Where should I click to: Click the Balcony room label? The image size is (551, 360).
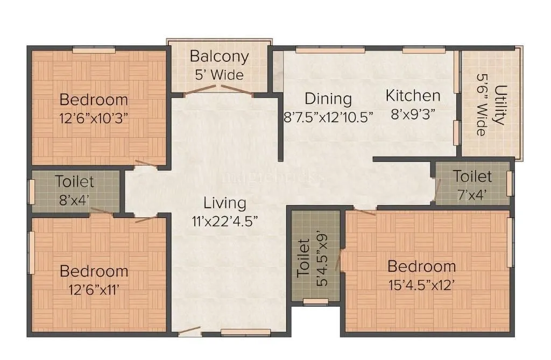(x=219, y=57)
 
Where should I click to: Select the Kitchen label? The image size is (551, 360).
(x=413, y=96)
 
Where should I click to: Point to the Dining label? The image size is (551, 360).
(x=328, y=99)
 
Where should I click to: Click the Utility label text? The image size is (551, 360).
(x=500, y=104)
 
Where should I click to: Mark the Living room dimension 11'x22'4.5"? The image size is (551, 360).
(x=225, y=221)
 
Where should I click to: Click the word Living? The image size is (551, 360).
(x=225, y=203)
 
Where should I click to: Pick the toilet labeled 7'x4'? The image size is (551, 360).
(x=472, y=185)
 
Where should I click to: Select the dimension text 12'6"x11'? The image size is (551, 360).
(x=94, y=289)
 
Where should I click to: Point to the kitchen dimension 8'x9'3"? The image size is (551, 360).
(x=413, y=114)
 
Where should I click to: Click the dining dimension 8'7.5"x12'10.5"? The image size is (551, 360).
(x=328, y=117)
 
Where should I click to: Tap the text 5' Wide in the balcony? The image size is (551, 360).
(x=219, y=75)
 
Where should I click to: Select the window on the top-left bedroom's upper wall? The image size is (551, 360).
(x=94, y=50)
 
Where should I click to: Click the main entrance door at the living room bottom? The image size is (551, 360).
(x=190, y=334)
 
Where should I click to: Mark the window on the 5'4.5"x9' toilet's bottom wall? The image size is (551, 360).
(x=315, y=301)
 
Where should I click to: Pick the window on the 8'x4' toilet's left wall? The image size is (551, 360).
(x=31, y=192)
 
